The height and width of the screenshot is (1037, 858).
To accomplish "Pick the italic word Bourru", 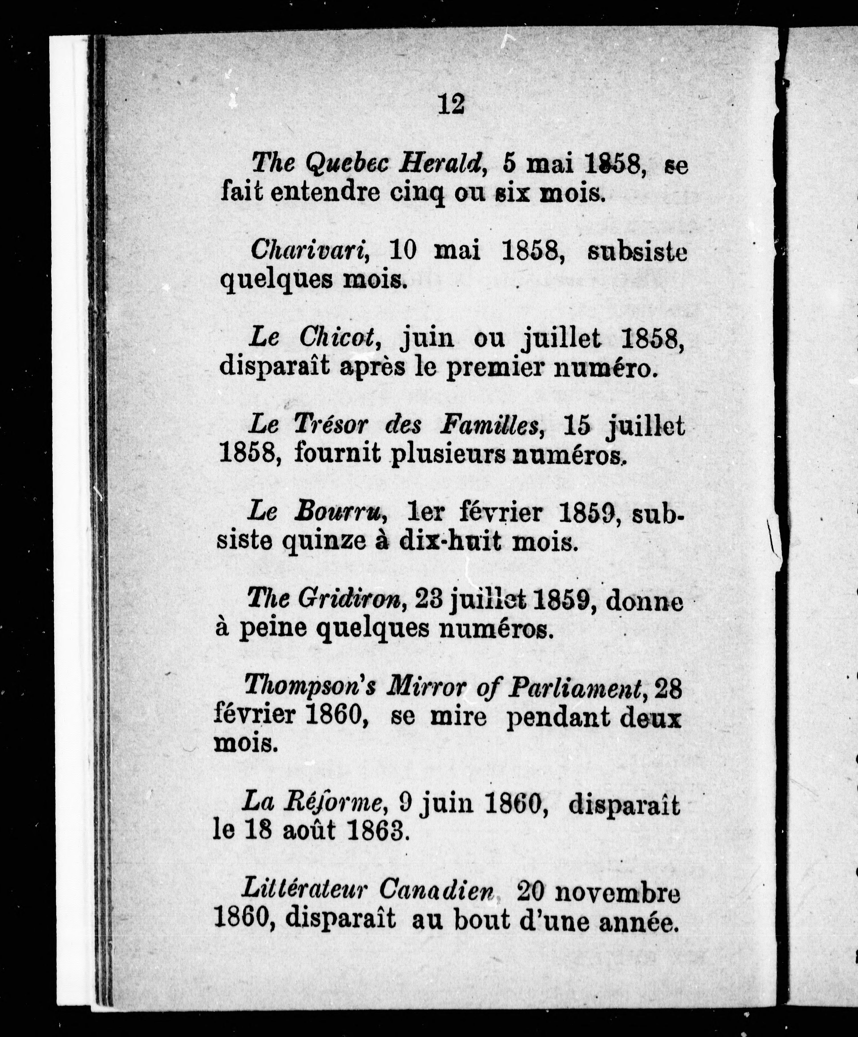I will [x=339, y=513].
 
